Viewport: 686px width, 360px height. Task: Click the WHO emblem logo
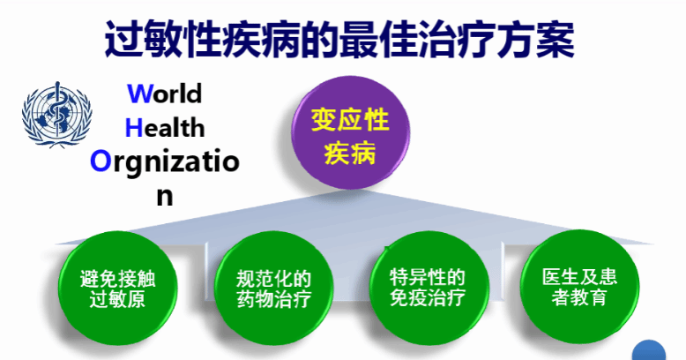pos(57,115)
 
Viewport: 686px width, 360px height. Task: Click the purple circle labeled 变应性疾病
pos(350,132)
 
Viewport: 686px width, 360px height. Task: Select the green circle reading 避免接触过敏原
pos(117,289)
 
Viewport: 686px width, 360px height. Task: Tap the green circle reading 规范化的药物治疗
pos(274,289)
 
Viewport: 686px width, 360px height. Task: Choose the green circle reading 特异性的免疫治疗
pos(428,289)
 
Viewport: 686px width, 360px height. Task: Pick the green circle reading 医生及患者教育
pos(579,287)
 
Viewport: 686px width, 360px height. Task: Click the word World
pos(165,94)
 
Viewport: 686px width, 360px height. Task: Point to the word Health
pos(165,128)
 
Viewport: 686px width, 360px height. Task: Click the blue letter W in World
pos(140,94)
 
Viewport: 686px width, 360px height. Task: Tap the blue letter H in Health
pos(134,128)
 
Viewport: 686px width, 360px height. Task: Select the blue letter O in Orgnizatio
pos(101,161)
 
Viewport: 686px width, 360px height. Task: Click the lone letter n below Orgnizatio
pos(165,197)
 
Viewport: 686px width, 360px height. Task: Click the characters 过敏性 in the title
pos(163,40)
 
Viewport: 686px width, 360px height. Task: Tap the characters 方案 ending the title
pos(535,40)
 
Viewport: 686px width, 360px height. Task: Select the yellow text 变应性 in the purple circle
pos(350,120)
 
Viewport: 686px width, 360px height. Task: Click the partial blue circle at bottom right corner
pos(649,350)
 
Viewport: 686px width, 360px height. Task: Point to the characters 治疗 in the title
pos(457,40)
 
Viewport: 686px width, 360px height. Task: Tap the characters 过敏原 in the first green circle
pos(117,299)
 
